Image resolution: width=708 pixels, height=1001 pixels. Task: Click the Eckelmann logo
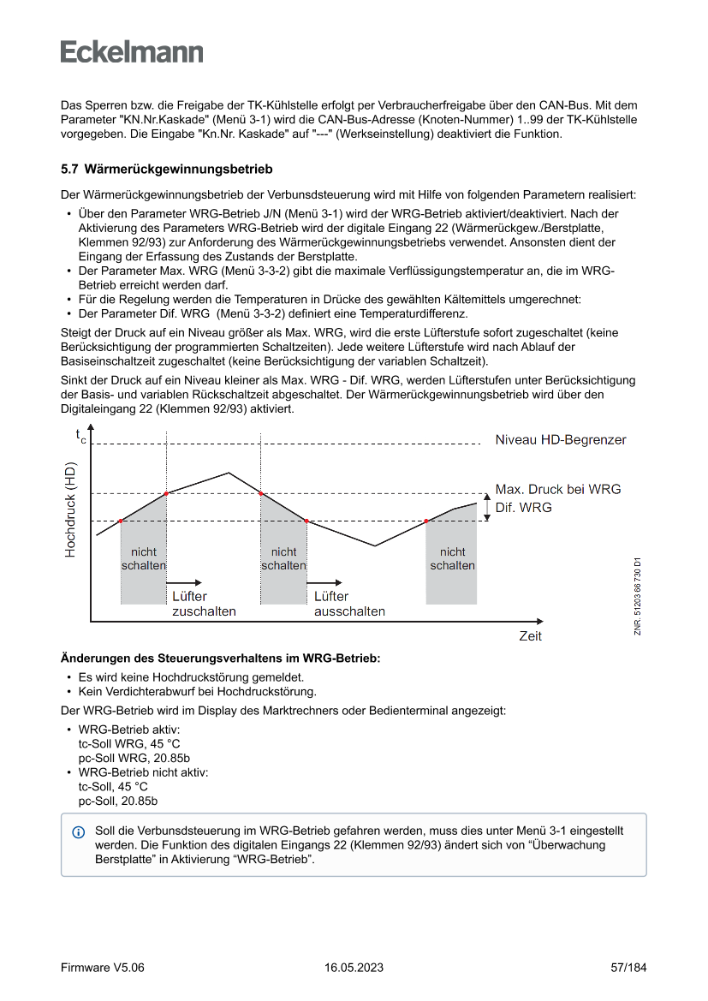click(x=132, y=51)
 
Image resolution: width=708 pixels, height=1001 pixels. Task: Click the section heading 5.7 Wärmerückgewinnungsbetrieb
click(x=166, y=170)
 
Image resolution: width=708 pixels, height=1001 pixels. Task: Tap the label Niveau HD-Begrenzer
click(x=561, y=440)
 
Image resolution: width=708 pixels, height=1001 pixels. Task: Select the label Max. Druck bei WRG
click(x=558, y=489)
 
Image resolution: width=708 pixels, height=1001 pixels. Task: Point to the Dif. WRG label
click(x=524, y=507)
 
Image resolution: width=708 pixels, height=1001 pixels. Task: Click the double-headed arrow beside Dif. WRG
click(x=487, y=507)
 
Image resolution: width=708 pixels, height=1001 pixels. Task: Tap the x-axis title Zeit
click(x=530, y=636)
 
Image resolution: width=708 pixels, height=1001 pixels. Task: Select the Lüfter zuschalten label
click(x=204, y=604)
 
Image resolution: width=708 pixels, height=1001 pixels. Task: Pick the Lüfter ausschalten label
click(x=349, y=604)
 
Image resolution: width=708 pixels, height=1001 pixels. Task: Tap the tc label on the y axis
click(x=80, y=436)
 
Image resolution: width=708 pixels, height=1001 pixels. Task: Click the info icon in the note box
click(x=79, y=832)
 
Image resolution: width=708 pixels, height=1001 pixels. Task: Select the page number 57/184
click(x=628, y=968)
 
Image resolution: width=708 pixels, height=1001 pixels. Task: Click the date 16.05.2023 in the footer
click(x=354, y=968)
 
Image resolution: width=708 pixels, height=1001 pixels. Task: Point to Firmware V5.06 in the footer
click(x=103, y=968)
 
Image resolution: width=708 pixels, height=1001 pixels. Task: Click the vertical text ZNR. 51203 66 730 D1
click(x=638, y=596)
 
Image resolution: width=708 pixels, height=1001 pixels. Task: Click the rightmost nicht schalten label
click(x=452, y=558)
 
